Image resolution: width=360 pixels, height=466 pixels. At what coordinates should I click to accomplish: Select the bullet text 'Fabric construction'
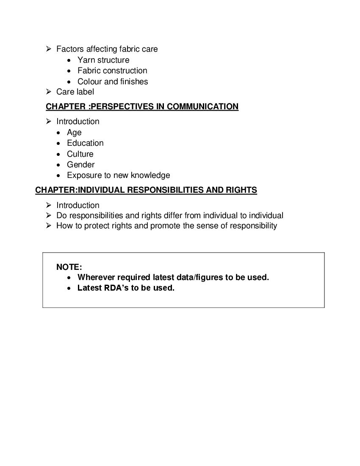(x=112, y=71)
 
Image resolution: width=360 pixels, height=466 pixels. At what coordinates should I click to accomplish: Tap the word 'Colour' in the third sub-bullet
(x=90, y=82)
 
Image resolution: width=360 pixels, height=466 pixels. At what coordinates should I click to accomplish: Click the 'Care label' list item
(x=75, y=92)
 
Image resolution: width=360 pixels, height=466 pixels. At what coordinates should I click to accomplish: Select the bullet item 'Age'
(x=74, y=133)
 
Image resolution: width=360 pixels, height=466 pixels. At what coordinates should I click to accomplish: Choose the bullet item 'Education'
(x=85, y=143)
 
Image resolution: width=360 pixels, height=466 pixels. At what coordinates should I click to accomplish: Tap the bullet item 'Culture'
(x=80, y=154)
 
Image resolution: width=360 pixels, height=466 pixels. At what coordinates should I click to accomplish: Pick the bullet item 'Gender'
(x=80, y=165)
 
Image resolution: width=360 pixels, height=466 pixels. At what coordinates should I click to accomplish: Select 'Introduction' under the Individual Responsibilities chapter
(x=78, y=205)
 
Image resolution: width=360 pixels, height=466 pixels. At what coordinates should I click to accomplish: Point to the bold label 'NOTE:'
(x=69, y=267)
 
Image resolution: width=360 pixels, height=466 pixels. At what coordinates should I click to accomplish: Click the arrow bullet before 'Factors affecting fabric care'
(x=49, y=49)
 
